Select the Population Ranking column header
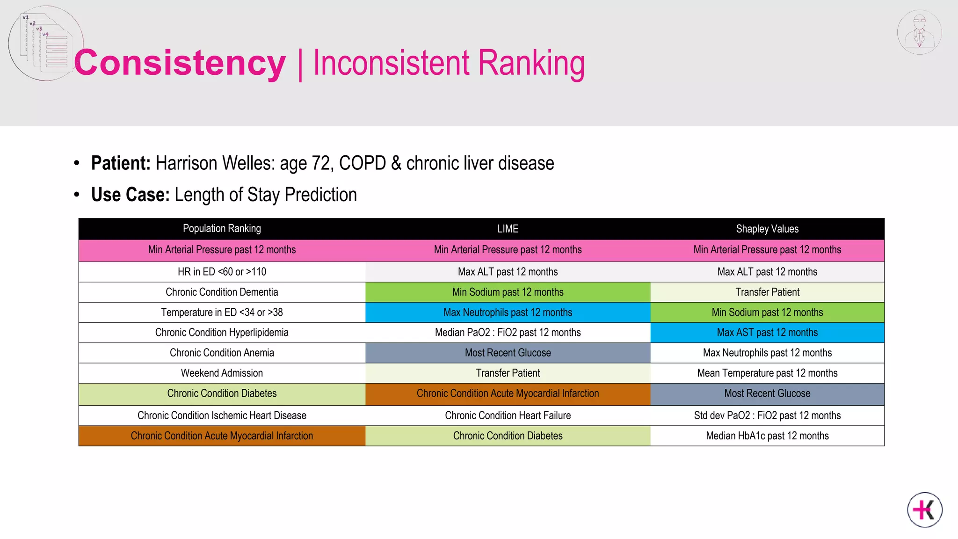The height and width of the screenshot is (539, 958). click(222, 229)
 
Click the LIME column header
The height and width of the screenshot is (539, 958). click(508, 229)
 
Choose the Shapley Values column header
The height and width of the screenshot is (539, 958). click(767, 229)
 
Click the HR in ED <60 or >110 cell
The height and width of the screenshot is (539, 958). click(222, 272)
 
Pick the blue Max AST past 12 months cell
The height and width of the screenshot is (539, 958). click(767, 333)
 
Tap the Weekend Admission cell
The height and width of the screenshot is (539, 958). click(222, 373)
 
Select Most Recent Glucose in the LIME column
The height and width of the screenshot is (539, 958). click(508, 353)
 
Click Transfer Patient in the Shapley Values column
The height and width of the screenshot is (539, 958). click(767, 292)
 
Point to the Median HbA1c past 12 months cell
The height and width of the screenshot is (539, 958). click(767, 436)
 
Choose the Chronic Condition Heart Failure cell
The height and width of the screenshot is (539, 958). click(508, 415)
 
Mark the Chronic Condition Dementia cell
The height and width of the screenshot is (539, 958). click(222, 292)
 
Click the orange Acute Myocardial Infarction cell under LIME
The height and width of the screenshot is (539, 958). click(508, 393)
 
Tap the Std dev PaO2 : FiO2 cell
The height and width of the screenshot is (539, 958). click(767, 415)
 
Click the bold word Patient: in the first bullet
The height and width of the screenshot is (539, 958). click(121, 163)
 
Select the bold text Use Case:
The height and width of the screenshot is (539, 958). click(130, 195)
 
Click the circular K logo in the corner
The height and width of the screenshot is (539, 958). click(925, 510)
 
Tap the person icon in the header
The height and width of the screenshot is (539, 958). click(919, 32)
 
